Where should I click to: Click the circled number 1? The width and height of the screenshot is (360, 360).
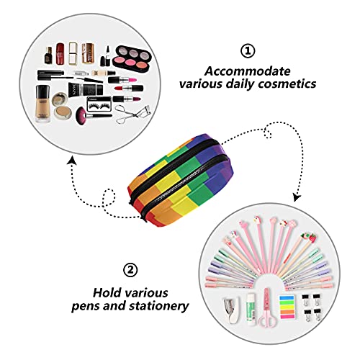(248, 51)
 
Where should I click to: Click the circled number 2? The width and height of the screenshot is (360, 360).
(130, 270)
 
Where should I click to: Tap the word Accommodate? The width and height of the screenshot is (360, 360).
(248, 71)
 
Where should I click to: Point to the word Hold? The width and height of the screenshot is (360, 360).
(107, 293)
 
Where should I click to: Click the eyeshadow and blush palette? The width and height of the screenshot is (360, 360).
(131, 58)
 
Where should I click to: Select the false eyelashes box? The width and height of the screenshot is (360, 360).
(99, 104)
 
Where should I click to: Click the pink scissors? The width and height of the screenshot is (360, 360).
(267, 307)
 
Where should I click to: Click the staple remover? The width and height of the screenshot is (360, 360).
(232, 310)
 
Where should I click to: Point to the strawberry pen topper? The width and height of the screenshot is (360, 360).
(310, 237)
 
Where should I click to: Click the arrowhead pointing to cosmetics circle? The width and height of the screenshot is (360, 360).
(72, 161)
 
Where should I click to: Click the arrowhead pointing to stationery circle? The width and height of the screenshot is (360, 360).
(297, 197)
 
